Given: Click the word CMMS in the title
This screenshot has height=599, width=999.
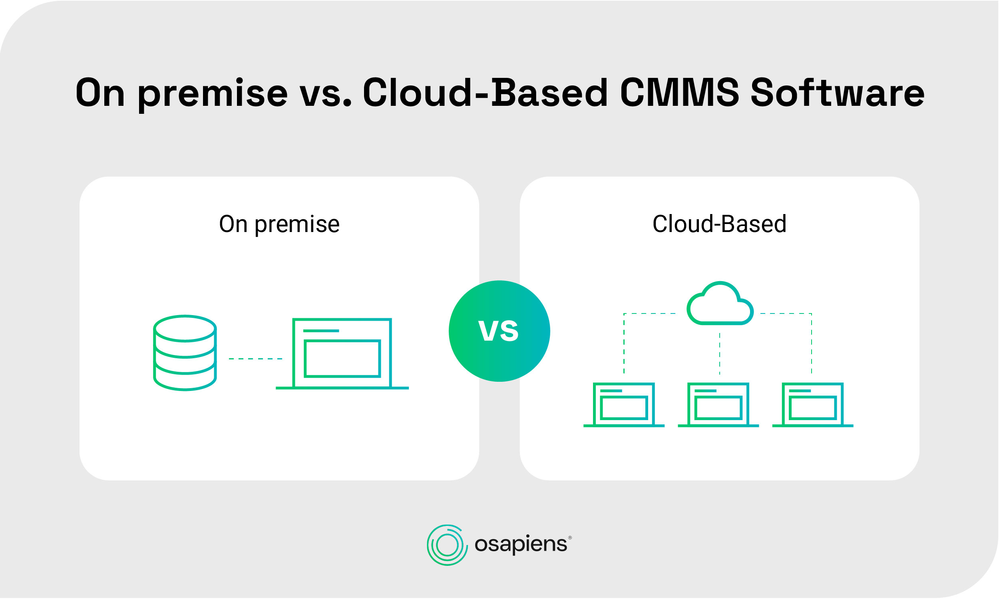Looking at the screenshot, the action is (x=680, y=93).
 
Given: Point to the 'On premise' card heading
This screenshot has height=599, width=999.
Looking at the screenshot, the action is (x=279, y=224).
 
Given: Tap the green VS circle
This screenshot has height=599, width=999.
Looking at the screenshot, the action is (x=499, y=331).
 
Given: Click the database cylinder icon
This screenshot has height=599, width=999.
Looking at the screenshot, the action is (x=185, y=353).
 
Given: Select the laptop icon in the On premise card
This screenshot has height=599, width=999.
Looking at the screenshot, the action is (x=342, y=354).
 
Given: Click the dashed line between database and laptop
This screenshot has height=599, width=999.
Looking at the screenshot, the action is (x=256, y=359).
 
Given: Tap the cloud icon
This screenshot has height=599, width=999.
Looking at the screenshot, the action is (x=720, y=303).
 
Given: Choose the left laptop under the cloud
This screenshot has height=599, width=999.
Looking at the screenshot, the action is (x=624, y=405).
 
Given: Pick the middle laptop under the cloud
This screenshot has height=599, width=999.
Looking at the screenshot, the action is (x=718, y=405).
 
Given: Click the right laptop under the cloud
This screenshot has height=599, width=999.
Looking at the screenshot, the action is (x=813, y=405).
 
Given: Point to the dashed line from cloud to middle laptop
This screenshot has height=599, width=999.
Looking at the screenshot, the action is (x=720, y=353).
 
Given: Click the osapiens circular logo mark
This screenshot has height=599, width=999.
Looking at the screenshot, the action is (x=448, y=545).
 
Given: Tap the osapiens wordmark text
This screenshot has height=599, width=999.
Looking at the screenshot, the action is (x=521, y=545).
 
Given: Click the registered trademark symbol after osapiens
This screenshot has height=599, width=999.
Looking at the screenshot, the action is (x=570, y=538).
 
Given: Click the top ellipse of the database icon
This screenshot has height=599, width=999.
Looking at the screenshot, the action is (x=185, y=329).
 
